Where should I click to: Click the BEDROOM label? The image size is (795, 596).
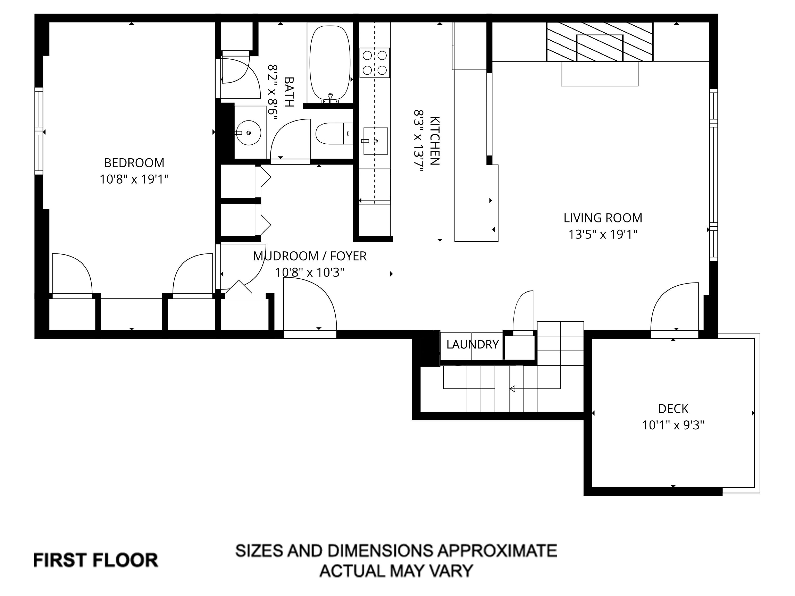click(134, 163)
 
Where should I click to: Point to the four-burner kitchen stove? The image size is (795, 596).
click(374, 63)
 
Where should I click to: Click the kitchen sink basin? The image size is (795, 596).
click(376, 141)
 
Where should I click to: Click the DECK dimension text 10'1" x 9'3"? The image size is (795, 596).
click(673, 425)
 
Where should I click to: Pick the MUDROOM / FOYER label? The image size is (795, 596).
click(310, 256)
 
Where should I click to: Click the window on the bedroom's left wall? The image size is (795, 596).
click(39, 131)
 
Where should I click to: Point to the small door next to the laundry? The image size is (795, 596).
click(523, 312)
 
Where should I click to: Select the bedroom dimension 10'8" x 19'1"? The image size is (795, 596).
click(134, 179)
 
